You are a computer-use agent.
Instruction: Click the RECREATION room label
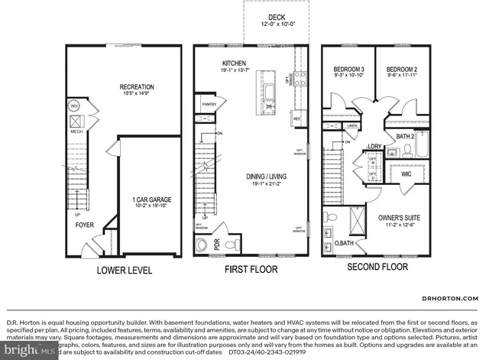[136, 87]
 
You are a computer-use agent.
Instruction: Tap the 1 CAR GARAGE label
[151, 200]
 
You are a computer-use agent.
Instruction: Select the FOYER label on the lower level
[84, 225]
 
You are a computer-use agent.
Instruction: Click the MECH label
[76, 131]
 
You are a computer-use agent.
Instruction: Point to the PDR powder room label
[218, 246]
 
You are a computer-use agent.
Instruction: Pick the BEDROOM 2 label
[402, 69]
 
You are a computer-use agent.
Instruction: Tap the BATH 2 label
[405, 136]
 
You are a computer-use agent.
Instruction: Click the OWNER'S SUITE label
[399, 218]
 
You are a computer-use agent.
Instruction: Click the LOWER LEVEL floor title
[124, 271]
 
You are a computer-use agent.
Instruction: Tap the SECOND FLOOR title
[377, 268]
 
